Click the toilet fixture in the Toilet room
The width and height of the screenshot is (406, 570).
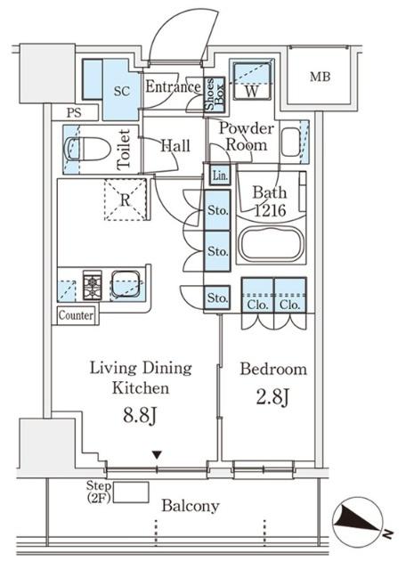(x=87, y=149)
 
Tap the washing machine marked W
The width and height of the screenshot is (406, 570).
(x=251, y=81)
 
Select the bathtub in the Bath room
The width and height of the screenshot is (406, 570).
(x=271, y=244)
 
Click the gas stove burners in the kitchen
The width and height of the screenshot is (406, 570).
(x=93, y=285)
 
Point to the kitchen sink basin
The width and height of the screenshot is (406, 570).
(x=126, y=283)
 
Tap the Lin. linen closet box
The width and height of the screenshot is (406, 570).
(x=220, y=175)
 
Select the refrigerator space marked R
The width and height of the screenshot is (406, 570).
(x=125, y=199)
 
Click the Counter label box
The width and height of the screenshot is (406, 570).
(x=76, y=315)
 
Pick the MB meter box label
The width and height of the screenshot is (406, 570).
(x=321, y=77)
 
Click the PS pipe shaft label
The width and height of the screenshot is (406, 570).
(x=74, y=113)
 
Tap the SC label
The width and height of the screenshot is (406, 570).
(x=122, y=91)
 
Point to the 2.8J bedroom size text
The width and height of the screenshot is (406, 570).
(x=272, y=397)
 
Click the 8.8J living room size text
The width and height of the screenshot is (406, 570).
(x=140, y=416)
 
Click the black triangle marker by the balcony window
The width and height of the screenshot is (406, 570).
(x=157, y=455)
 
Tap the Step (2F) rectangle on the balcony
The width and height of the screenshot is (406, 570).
(x=131, y=493)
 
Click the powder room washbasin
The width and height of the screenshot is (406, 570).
(x=291, y=142)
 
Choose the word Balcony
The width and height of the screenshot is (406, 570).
(x=191, y=506)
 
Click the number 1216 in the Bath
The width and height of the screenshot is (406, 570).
(x=270, y=210)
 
